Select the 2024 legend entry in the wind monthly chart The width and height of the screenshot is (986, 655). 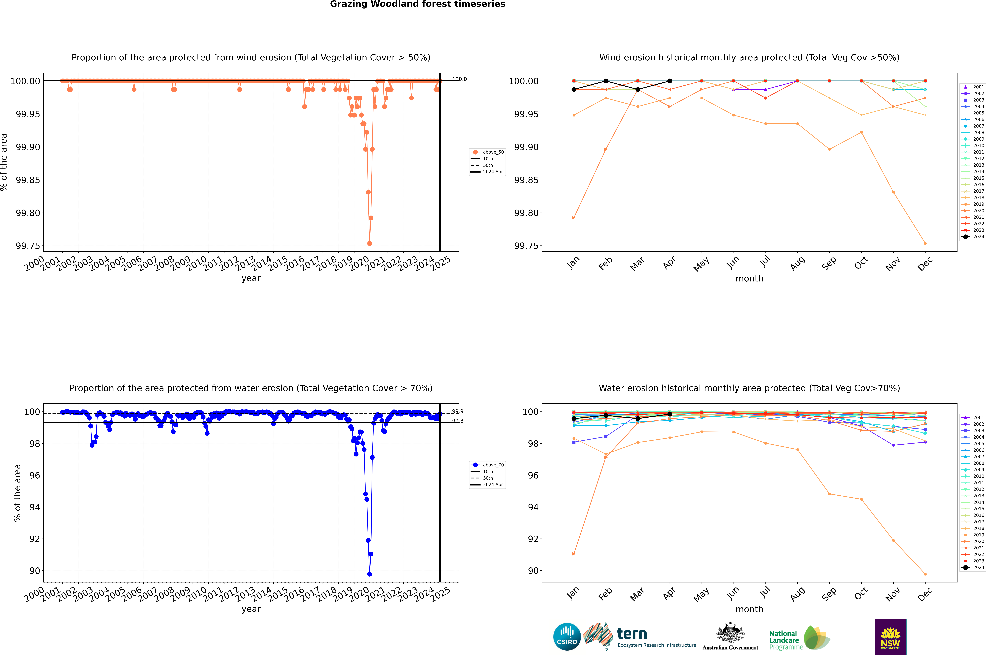pyautogui.click(x=973, y=237)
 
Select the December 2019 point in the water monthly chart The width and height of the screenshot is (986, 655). pyautogui.click(x=925, y=574)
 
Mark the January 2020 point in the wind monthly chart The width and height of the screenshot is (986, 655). pyautogui.click(x=574, y=218)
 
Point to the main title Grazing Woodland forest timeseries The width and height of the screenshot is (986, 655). pyautogui.click(x=418, y=4)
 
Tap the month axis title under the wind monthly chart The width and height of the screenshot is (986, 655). pyautogui.click(x=749, y=279)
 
